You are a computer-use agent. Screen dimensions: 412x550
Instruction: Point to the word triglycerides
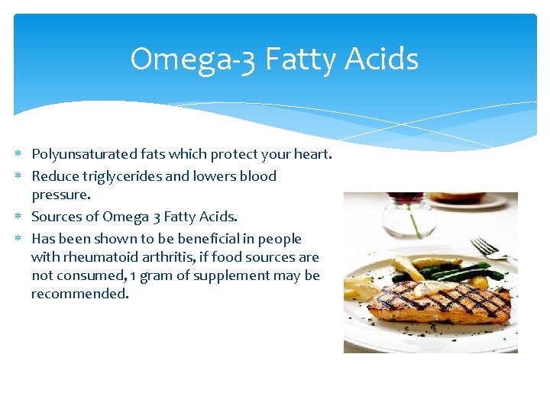point(118,176)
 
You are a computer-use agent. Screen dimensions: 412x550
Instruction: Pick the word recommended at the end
point(79,294)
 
